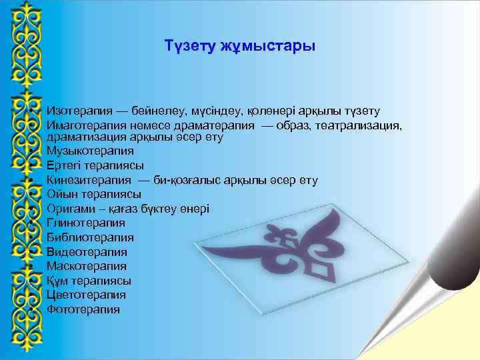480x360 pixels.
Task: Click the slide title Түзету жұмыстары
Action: [x=240, y=47]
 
